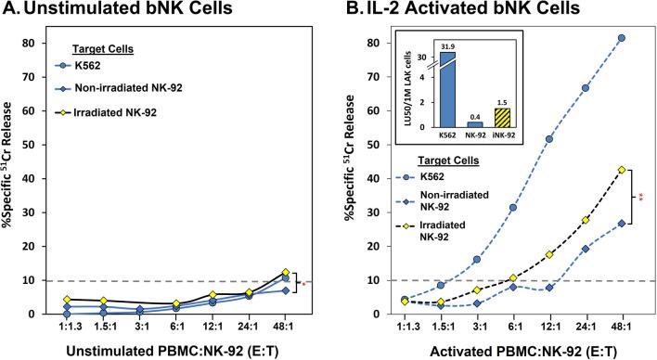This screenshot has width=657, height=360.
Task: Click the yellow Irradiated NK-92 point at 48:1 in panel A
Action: point(287,273)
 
